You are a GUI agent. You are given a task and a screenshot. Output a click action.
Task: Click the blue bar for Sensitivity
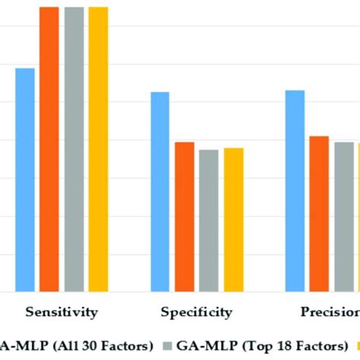pos(25,180)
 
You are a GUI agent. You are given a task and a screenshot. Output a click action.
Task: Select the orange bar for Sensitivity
pos(49,149)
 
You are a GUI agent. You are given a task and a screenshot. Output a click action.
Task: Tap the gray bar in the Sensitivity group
pos(74,149)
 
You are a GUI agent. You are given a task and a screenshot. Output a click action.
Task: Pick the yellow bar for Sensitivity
pos(98,149)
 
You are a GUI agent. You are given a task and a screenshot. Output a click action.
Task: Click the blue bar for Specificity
pos(159,191)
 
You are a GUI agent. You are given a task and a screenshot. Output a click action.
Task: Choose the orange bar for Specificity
pos(185,216)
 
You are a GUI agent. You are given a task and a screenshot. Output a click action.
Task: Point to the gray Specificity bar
pos(209,220)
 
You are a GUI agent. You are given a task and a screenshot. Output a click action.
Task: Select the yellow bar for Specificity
pos(233,219)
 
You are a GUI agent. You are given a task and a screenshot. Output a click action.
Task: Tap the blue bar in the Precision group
pos(295,191)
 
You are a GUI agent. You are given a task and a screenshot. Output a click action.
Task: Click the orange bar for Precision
pos(319,213)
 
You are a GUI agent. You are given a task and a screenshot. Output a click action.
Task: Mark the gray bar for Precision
pos(344,216)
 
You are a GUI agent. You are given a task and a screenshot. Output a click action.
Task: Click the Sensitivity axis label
pos(62,311)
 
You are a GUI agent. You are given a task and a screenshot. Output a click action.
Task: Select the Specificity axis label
pos(196,311)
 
